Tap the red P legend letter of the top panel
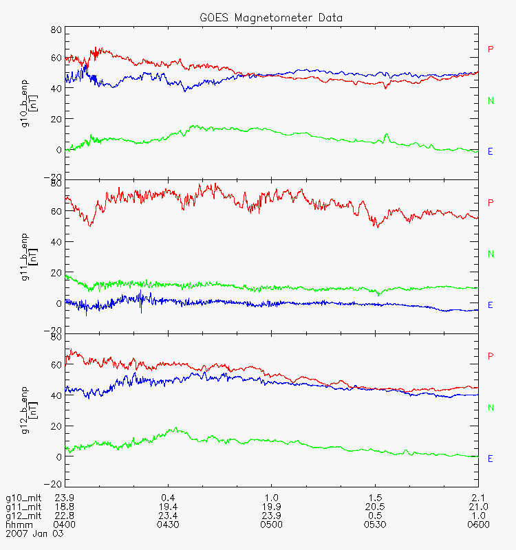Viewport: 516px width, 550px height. pyautogui.click(x=491, y=49)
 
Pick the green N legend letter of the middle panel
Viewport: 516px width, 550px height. pyautogui.click(x=491, y=254)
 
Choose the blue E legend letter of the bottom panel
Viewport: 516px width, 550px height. pyautogui.click(x=491, y=458)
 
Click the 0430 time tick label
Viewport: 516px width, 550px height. pyautogui.click(x=168, y=525)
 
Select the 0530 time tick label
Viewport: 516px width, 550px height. pyautogui.click(x=375, y=525)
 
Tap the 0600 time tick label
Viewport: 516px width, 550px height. pyautogui.click(x=477, y=525)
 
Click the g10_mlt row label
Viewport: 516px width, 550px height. pyautogui.click(x=21, y=497)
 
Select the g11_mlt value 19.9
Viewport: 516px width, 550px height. pyautogui.click(x=271, y=506)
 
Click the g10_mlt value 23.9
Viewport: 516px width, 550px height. pyautogui.click(x=65, y=497)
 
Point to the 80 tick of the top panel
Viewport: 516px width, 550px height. pyautogui.click(x=55, y=30)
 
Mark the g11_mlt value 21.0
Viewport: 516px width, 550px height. pyautogui.click(x=477, y=506)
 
